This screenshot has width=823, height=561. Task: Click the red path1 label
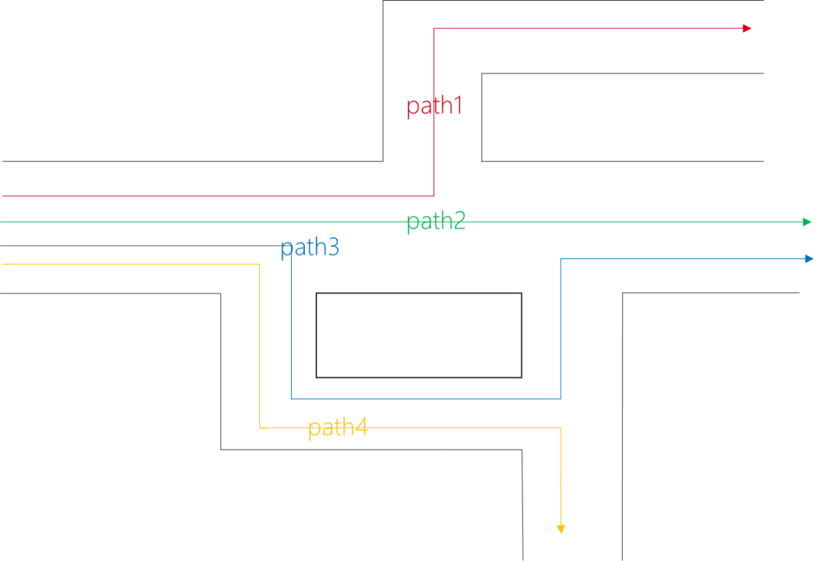(434, 106)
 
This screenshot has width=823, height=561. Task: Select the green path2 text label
(436, 222)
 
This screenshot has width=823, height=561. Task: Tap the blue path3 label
(309, 248)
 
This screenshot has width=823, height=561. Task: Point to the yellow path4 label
(338, 428)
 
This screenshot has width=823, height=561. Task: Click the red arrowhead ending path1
(748, 28)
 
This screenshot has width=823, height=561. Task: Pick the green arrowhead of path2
(808, 222)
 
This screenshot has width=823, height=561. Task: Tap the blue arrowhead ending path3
(809, 259)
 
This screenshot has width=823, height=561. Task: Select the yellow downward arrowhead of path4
(561, 529)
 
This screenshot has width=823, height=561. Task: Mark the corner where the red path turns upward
(434, 196)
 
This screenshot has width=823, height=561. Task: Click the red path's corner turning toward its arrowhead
(434, 28)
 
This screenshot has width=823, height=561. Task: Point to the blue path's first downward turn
(291, 245)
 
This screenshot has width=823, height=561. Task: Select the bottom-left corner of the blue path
(291, 399)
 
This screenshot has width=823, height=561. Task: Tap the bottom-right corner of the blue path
(560, 399)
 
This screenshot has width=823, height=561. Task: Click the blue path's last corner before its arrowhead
(560, 259)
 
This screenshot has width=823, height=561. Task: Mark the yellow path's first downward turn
(260, 264)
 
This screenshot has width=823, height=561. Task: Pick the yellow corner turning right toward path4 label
(260, 428)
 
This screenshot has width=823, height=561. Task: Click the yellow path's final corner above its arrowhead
(561, 428)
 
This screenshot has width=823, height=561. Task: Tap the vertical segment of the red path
(434, 152)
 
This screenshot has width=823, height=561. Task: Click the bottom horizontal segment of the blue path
(427, 399)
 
